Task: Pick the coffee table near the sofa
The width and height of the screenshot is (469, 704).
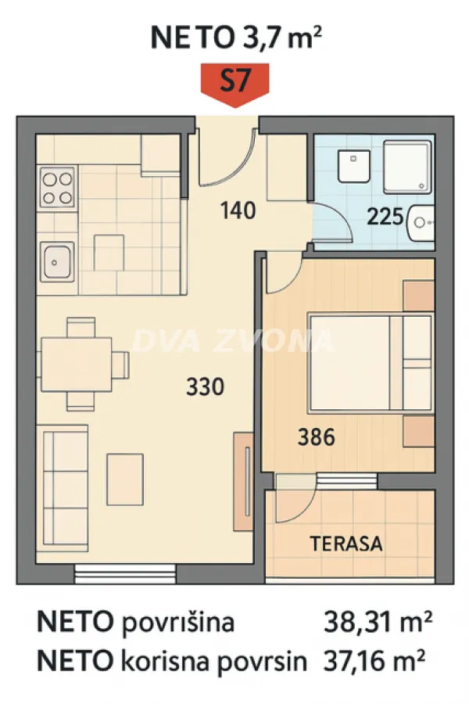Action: pos(125,479)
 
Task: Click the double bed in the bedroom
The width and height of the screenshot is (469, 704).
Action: pos(368,362)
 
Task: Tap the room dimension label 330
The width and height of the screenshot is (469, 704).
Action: pos(206,386)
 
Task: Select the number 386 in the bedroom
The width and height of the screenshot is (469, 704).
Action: pos(317,437)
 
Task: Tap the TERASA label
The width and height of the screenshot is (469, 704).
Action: pos(346,543)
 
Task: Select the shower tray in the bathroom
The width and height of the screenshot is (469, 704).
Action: pos(406,167)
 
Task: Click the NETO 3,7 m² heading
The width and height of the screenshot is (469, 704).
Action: pos(235,37)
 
